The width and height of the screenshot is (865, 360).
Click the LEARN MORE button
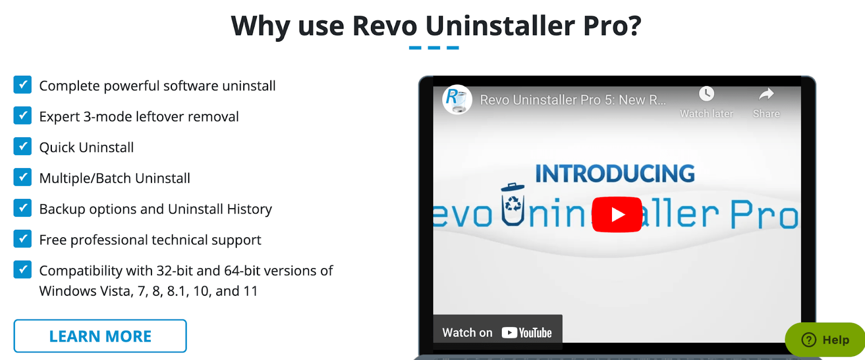(100, 336)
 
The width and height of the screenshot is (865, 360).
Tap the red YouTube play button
(617, 215)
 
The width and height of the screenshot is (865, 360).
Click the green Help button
(825, 340)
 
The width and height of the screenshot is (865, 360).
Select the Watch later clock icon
(706, 94)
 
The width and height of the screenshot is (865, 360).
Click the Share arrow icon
(767, 94)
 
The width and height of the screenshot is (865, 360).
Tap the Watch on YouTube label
(497, 332)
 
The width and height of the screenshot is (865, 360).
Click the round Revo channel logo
(457, 99)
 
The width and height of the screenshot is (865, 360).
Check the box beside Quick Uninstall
(22, 146)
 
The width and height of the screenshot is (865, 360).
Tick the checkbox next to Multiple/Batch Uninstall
(22, 177)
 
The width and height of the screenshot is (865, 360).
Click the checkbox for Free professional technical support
(22, 239)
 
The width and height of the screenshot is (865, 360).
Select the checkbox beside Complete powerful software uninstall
(22, 84)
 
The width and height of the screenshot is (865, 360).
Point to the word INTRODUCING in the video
(615, 174)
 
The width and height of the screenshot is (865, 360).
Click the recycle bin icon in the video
(513, 204)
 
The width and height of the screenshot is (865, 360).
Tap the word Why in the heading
(261, 26)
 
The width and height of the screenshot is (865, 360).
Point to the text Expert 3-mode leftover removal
(139, 117)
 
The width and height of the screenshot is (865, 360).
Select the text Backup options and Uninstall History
(156, 209)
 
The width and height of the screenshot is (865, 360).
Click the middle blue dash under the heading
(434, 48)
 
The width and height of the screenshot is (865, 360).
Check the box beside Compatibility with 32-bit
(22, 270)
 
